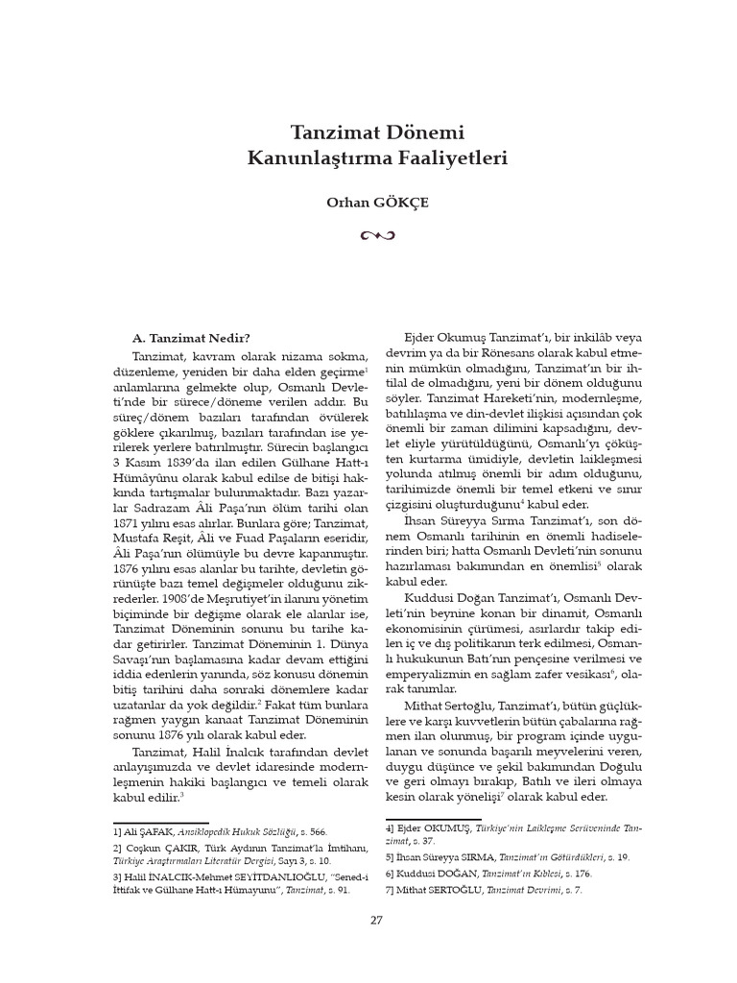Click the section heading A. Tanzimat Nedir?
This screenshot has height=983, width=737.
[x=191, y=337]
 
